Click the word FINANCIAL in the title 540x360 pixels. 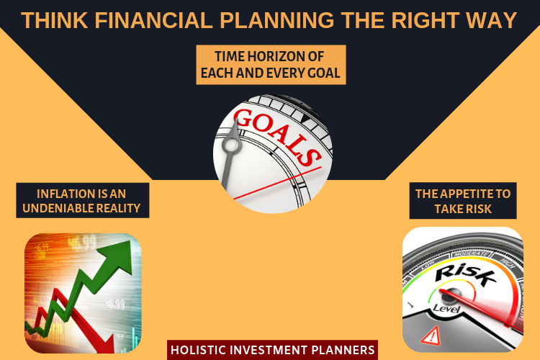[x=153, y=20]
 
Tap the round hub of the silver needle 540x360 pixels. [x=230, y=144]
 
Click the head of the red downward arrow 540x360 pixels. [x=103, y=341]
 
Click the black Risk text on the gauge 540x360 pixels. [x=466, y=275]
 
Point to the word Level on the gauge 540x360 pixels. [x=446, y=308]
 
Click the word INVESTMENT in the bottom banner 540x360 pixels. [x=269, y=350]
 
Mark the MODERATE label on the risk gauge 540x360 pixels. [x=471, y=254]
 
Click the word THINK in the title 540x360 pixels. [x=55, y=20]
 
